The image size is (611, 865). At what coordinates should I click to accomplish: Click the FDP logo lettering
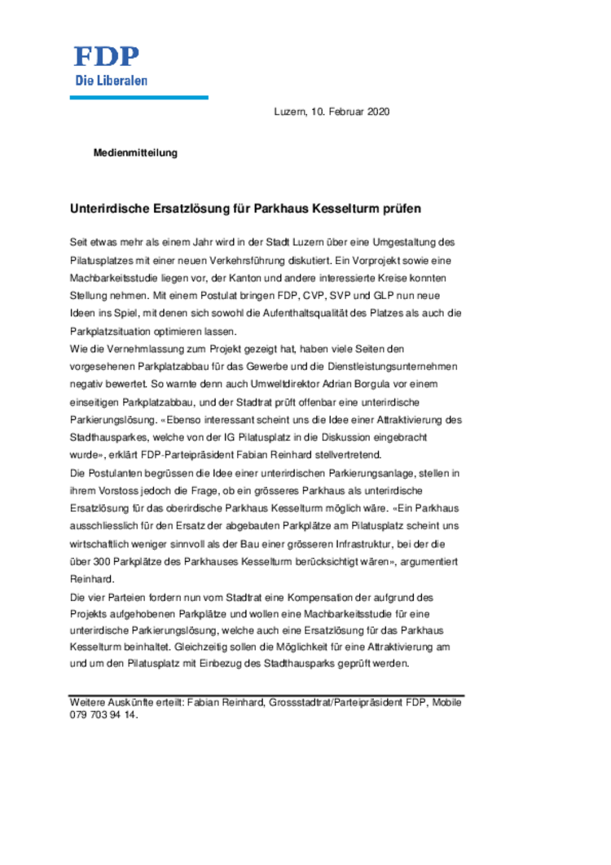pyautogui.click(x=107, y=56)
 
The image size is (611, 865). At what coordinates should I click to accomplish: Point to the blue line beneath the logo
pyautogui.click(x=138, y=98)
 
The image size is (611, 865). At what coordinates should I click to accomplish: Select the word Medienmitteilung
pyautogui.click(x=135, y=152)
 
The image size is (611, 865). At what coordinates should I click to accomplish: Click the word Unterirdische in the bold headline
pyautogui.click(x=109, y=209)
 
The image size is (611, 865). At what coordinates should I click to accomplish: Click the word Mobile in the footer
pyautogui.click(x=446, y=702)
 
